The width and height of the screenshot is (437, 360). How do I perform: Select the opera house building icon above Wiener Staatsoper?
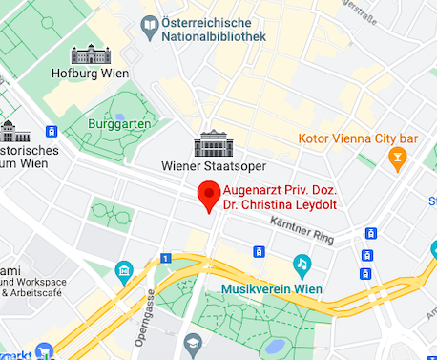[x=211, y=144]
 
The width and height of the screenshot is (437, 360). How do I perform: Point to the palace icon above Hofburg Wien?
[x=91, y=53]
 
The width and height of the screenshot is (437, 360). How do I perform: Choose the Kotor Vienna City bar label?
[x=359, y=138]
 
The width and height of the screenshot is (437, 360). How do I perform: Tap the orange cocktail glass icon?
[x=398, y=161]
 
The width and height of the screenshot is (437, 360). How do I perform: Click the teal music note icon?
[x=302, y=263]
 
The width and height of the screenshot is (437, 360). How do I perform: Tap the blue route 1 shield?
[x=165, y=258]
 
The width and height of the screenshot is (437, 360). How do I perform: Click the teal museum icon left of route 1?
[x=123, y=271]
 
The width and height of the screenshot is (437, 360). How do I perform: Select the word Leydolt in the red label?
[x=317, y=204]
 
